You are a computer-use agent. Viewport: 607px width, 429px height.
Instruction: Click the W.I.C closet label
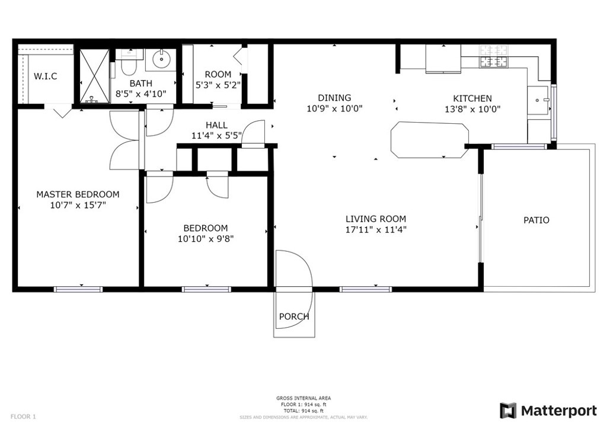pos(45,76)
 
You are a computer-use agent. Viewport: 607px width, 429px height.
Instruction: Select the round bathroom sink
pos(161,59)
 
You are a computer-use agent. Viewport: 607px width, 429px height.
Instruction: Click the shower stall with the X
pos(94,76)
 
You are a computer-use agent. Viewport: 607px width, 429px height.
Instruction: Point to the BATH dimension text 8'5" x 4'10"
pos(141,94)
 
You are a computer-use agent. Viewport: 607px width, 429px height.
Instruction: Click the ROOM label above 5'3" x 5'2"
pos(218,74)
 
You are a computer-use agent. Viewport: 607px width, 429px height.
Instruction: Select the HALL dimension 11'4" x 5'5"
pos(216,136)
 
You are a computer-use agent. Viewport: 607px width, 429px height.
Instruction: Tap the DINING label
pos(334,98)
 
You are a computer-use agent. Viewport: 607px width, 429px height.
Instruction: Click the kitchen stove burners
pos(494,56)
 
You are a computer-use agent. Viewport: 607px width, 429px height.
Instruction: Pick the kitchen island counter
pos(430,140)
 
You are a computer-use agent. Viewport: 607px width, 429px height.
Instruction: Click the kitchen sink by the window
pos(538,101)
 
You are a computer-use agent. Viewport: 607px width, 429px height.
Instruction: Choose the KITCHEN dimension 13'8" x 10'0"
pos(472,110)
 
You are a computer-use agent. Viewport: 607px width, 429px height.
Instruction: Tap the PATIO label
pos(536,220)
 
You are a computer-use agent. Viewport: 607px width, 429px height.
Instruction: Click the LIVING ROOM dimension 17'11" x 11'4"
pos(375,230)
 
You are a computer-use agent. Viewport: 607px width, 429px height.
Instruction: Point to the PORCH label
pos(294,316)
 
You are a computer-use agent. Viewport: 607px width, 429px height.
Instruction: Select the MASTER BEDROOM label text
pos(78,194)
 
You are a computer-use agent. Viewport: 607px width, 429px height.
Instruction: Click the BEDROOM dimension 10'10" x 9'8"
pos(206,239)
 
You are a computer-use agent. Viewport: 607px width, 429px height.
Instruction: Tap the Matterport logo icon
pos(508,411)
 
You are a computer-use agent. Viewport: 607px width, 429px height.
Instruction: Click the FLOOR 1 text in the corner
pos(23,417)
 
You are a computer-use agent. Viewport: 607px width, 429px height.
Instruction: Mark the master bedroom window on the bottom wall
pos(78,289)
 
